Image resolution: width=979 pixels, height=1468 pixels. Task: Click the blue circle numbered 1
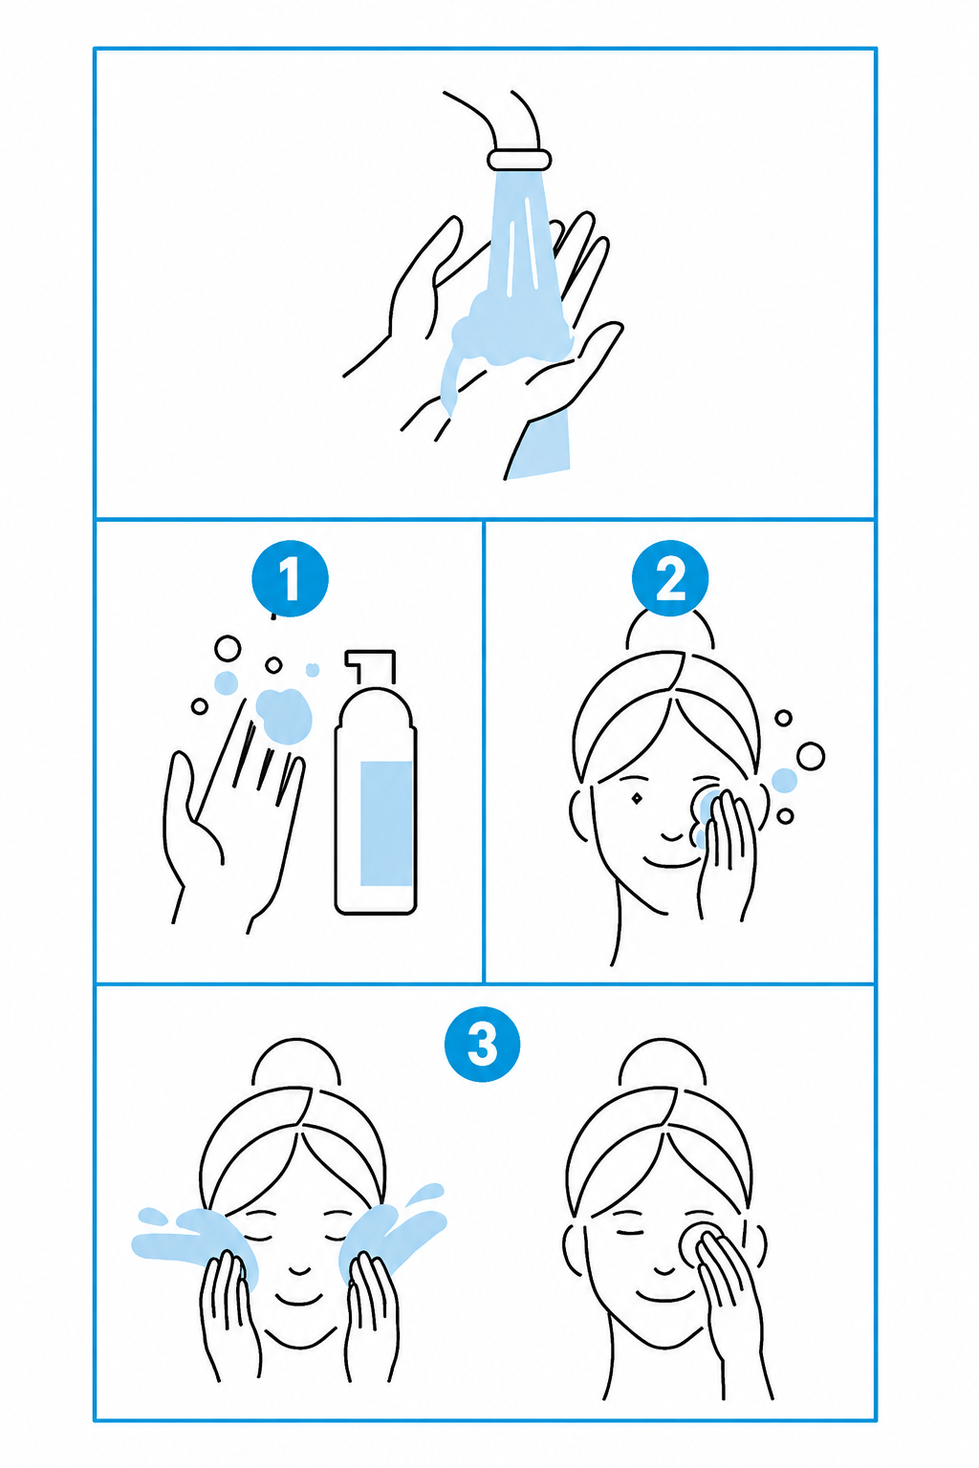(x=290, y=578)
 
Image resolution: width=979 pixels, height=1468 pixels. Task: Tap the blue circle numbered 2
(x=669, y=578)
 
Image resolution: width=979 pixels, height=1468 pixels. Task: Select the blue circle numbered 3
(x=482, y=1044)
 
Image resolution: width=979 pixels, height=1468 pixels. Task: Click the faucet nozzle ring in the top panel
(x=519, y=159)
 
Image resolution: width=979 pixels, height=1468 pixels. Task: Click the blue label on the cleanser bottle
(x=386, y=823)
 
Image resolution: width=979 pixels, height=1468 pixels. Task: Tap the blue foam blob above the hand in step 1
(x=283, y=716)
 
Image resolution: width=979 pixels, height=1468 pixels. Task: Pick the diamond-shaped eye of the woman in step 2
(x=637, y=799)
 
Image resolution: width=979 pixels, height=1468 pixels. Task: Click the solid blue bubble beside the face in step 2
(x=784, y=781)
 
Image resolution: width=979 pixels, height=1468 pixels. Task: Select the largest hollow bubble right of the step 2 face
(x=811, y=756)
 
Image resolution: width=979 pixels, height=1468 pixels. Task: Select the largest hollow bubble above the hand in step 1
(x=228, y=649)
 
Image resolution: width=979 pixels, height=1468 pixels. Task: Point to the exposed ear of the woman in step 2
(x=579, y=815)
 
